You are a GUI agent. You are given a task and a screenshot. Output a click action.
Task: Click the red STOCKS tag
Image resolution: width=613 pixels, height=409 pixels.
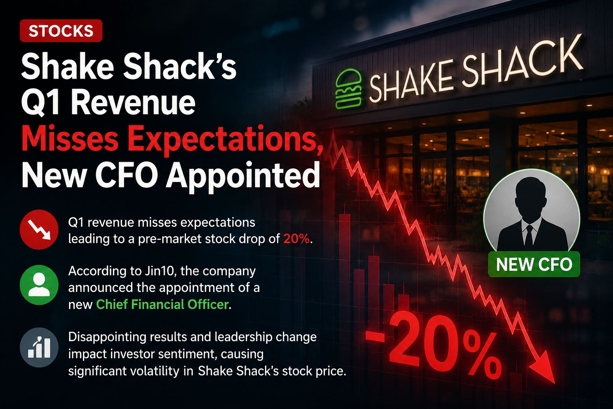pyautogui.click(x=61, y=31)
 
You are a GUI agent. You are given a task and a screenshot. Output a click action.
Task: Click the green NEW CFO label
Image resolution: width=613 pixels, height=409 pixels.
pyautogui.click(x=534, y=264)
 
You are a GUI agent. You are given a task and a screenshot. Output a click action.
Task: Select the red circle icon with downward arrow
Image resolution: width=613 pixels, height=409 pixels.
pyautogui.click(x=39, y=230)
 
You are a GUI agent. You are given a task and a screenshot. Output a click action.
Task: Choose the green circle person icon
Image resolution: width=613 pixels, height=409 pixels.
pyautogui.click(x=39, y=285)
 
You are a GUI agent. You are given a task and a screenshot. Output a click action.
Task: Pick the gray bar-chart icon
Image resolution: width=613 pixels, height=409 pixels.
pyautogui.click(x=39, y=347)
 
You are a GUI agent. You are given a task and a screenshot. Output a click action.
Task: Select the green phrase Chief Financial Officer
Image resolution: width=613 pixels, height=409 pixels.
pyautogui.click(x=162, y=304)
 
